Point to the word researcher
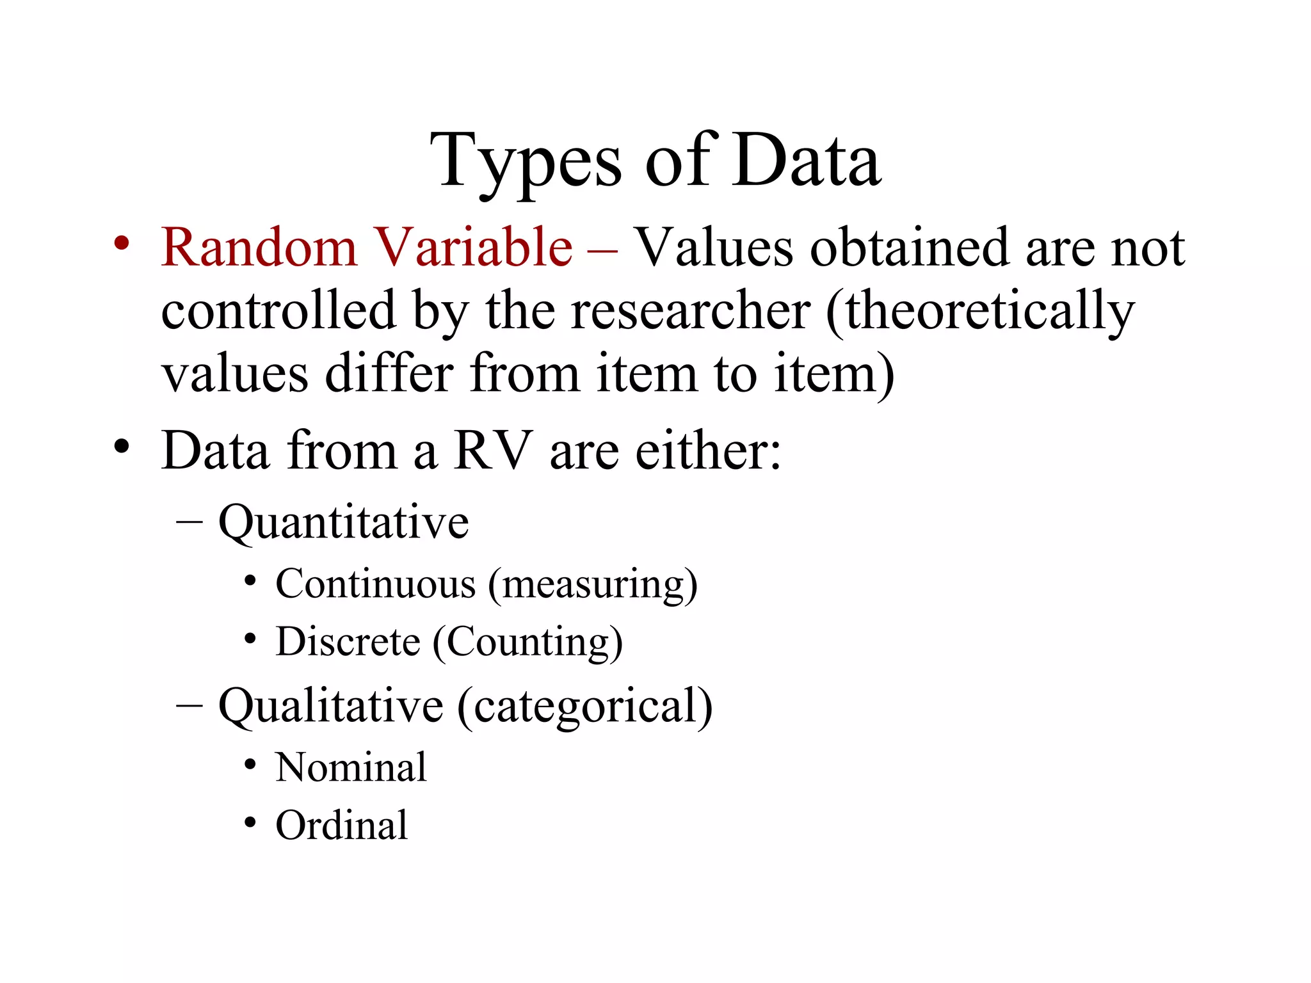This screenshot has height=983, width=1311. tap(691, 311)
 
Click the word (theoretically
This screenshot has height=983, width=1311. tap(980, 312)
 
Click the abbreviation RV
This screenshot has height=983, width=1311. tap(493, 451)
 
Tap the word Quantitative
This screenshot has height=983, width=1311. tap(344, 523)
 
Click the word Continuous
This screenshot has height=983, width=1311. tap(376, 584)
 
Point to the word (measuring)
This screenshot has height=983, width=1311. tap(593, 586)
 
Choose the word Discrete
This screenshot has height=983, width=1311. tap(348, 642)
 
